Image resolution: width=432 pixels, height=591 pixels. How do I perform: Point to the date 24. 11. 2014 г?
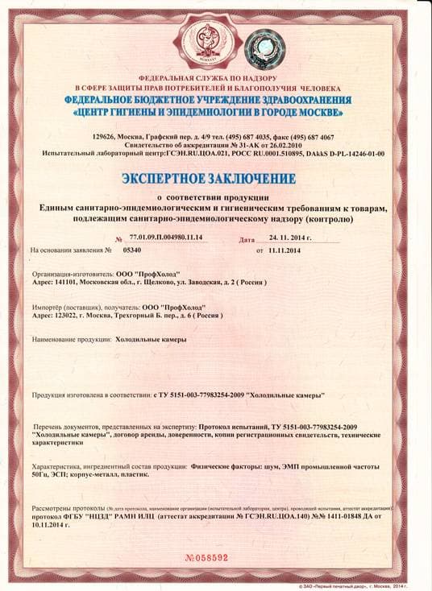(x=289, y=238)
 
